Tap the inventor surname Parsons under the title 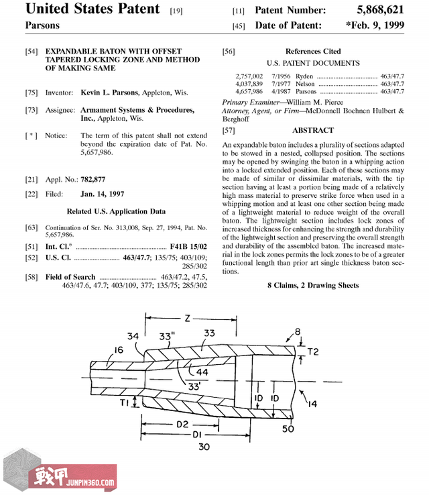(x=42, y=25)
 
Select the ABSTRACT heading (x=313, y=130)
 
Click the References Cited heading (x=313, y=51)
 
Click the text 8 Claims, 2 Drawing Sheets (x=313, y=285)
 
